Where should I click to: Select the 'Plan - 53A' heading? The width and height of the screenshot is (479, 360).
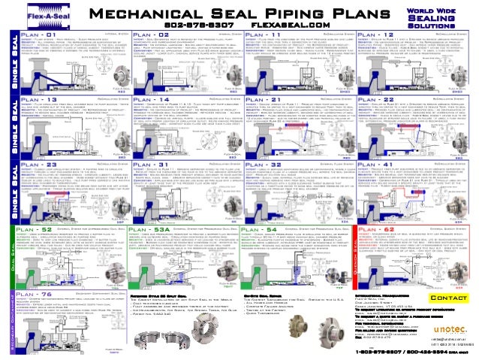(x=151, y=228)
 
